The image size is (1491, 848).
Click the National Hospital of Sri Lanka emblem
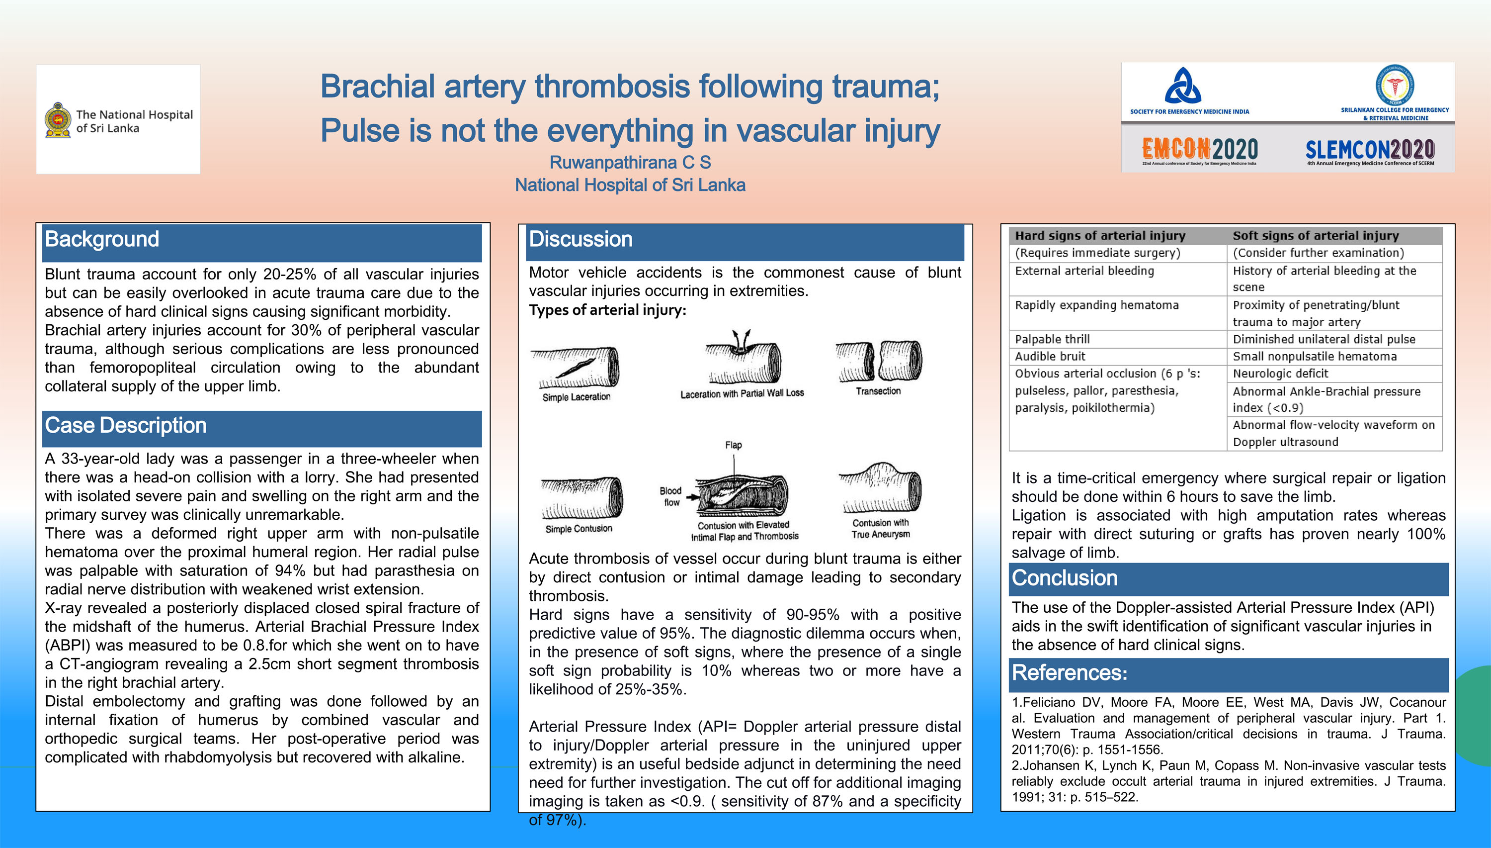click(58, 120)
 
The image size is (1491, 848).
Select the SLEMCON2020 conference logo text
click(1369, 150)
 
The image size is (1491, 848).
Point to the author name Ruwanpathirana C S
click(630, 163)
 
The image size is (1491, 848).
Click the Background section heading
click(102, 239)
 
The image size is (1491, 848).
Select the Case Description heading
click(126, 426)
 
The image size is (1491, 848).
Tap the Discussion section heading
click(580, 239)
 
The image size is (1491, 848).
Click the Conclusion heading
click(1064, 578)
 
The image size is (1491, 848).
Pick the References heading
click(1069, 673)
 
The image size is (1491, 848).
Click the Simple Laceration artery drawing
click(578, 368)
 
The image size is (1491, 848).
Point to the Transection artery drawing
click(878, 361)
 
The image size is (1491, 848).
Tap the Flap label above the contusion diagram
click(733, 445)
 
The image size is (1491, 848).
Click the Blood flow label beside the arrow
click(670, 496)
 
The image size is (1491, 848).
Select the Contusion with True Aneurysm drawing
click(880, 488)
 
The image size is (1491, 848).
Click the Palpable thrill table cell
click(1052, 340)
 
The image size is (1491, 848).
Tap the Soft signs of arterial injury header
click(1315, 236)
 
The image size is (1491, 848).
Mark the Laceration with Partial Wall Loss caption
click(742, 394)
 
